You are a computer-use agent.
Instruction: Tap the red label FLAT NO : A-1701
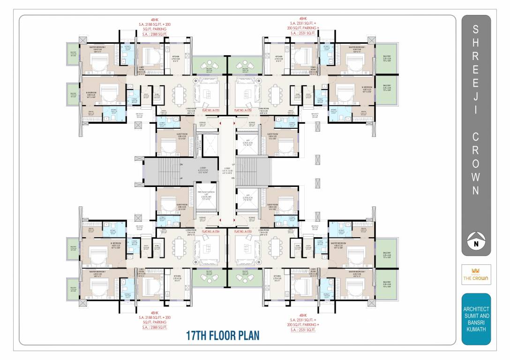(x=211, y=111)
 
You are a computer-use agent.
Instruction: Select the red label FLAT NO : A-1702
(x=244, y=111)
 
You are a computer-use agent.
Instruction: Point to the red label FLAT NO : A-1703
(x=244, y=232)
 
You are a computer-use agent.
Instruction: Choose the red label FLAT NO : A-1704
(x=211, y=232)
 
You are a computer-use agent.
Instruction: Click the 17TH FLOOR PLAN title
(x=217, y=336)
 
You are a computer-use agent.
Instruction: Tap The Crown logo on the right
(x=476, y=275)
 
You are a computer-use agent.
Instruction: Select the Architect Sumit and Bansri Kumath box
(x=476, y=319)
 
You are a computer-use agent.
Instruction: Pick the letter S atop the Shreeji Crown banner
(x=476, y=30)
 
